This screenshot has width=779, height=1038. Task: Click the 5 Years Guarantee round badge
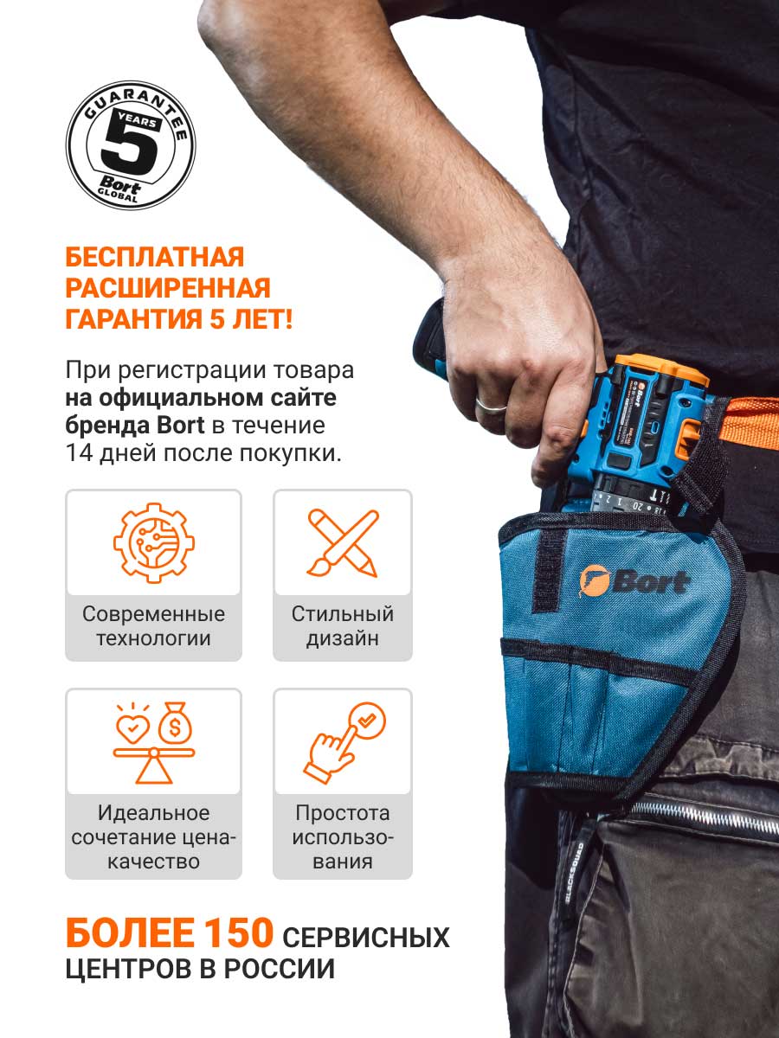pos(131,144)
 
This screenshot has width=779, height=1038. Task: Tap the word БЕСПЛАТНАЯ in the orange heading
pos(155,257)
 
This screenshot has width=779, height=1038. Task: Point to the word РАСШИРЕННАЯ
pos(168,288)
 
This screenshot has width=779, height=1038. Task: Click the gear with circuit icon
pos(154,542)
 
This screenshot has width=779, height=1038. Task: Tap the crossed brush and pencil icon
pos(343,543)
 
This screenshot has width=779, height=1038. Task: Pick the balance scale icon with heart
pos(154,743)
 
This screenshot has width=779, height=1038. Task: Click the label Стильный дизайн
pos(343,626)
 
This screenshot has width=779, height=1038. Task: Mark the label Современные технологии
pos(153,626)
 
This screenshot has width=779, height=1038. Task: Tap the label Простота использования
pos(343,837)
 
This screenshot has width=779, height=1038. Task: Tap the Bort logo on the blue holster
pos(634,581)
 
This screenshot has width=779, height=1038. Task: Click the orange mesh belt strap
pos(753,422)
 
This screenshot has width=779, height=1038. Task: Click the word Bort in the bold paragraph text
pos(180,425)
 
